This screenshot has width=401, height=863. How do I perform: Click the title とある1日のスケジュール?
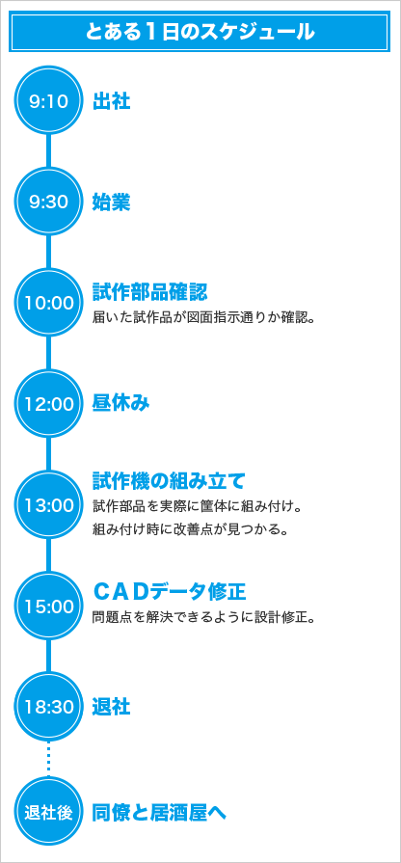tap(200, 32)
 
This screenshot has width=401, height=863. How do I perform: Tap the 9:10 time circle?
tap(48, 102)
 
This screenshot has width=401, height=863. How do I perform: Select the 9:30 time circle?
tap(48, 202)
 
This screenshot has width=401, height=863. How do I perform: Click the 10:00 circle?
tap(48, 304)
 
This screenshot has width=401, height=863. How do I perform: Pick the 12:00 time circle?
tap(48, 404)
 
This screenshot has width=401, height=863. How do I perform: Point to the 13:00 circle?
tap(48, 505)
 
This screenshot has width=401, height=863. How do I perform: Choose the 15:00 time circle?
tap(48, 606)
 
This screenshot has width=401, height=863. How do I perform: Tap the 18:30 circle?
tap(48, 707)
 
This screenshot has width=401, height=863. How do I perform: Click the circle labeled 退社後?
tap(48, 812)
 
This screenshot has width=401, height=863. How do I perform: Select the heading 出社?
tap(111, 102)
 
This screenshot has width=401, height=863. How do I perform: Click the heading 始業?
tap(111, 202)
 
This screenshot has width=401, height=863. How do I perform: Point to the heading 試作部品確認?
tap(149, 292)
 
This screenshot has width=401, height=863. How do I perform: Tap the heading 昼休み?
tap(120, 404)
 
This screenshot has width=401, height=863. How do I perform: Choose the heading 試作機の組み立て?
tap(169, 481)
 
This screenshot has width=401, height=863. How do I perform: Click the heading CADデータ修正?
tap(169, 592)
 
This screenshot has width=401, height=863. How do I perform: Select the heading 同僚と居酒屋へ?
tap(159, 812)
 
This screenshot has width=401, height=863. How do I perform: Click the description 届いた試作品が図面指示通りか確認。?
tap(203, 318)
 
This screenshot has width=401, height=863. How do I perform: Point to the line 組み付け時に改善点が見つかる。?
tap(191, 530)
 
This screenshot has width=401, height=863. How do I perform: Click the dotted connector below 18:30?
tap(48, 760)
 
